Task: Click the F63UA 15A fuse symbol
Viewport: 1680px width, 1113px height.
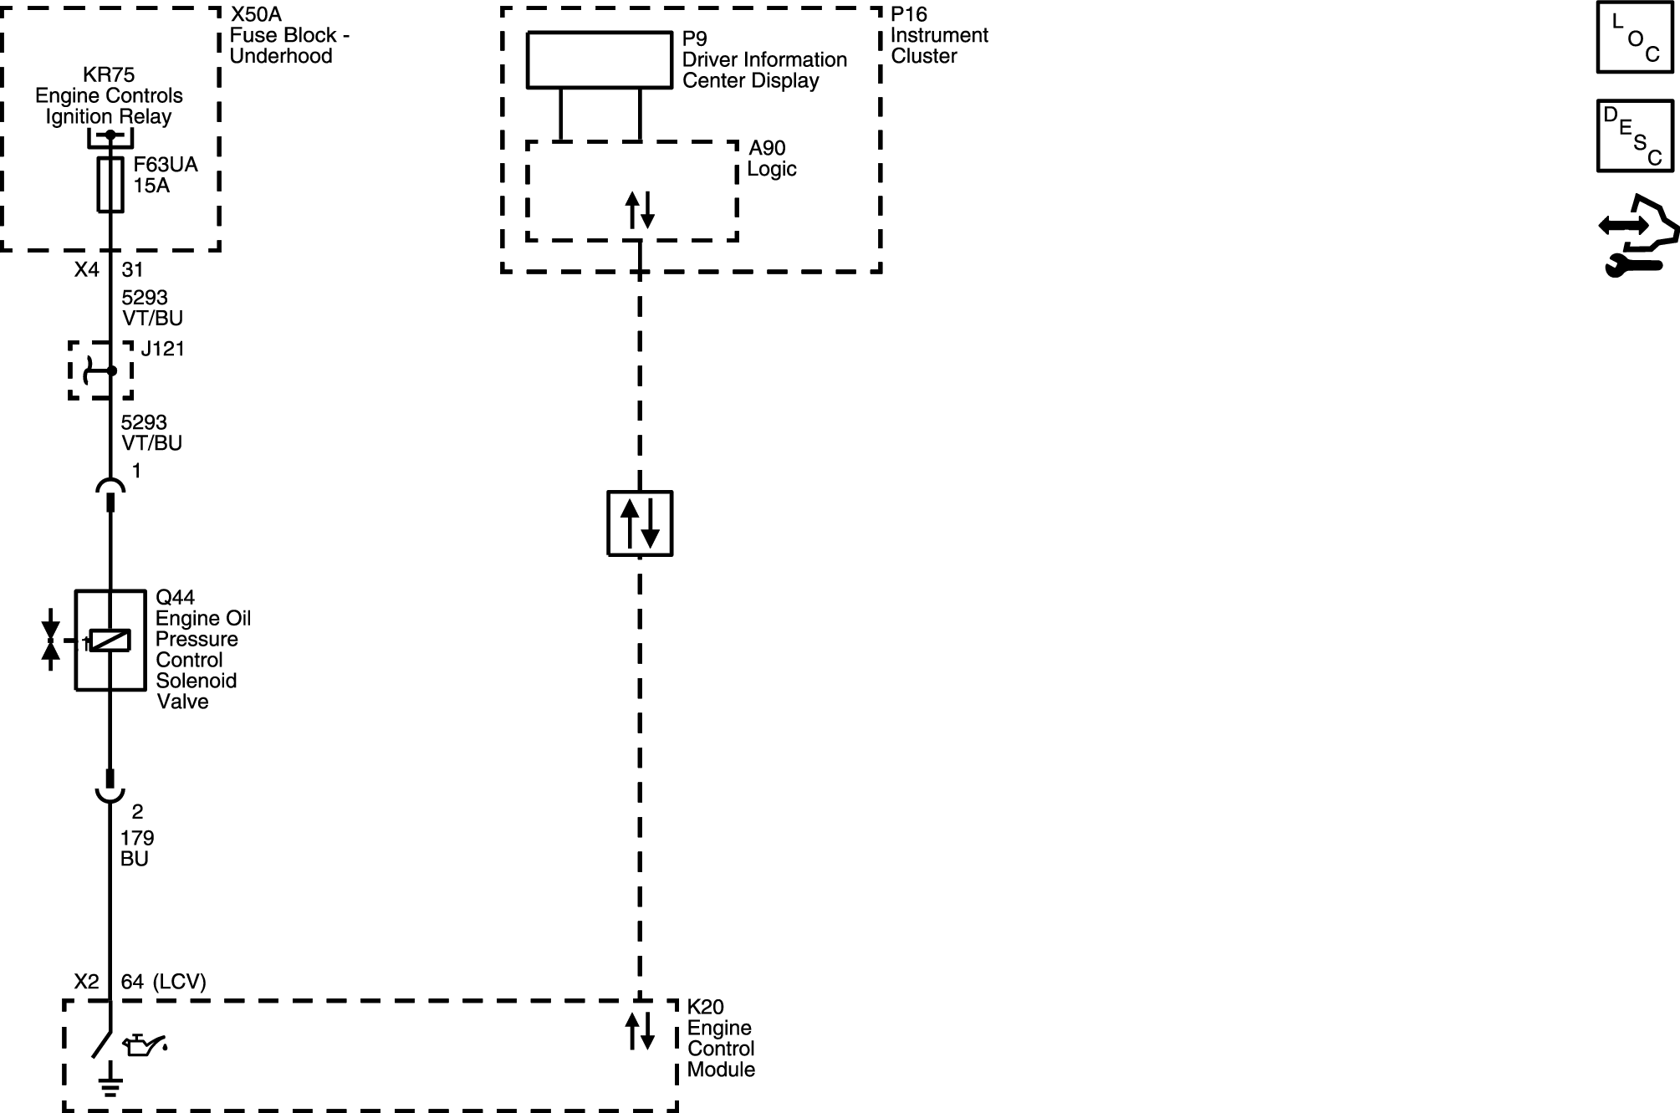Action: (x=110, y=185)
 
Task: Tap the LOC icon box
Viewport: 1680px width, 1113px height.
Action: (x=1634, y=38)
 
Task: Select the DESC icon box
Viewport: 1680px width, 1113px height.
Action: (x=1634, y=135)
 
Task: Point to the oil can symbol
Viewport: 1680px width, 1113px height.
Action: (x=145, y=1044)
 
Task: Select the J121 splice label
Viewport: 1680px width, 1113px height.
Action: (x=162, y=349)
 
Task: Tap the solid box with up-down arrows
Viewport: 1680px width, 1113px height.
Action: (x=640, y=523)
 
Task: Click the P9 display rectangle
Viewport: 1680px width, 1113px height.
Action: (x=600, y=59)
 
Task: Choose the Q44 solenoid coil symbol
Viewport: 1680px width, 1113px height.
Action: (x=110, y=641)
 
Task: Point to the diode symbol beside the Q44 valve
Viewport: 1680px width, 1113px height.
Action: (x=51, y=640)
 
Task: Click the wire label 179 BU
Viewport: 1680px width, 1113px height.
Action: (x=136, y=848)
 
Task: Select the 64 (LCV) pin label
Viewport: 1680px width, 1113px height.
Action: (x=163, y=982)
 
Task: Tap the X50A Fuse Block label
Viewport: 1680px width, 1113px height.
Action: (x=289, y=35)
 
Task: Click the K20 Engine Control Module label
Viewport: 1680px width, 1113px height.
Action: (x=721, y=1038)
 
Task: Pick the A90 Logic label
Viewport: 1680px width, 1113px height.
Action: (x=771, y=158)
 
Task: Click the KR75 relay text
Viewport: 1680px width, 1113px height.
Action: (x=109, y=95)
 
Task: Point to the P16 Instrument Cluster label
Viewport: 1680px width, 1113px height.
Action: (x=939, y=35)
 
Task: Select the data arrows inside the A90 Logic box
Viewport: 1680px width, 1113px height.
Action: (x=640, y=210)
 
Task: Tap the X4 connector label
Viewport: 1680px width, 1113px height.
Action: (x=86, y=269)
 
